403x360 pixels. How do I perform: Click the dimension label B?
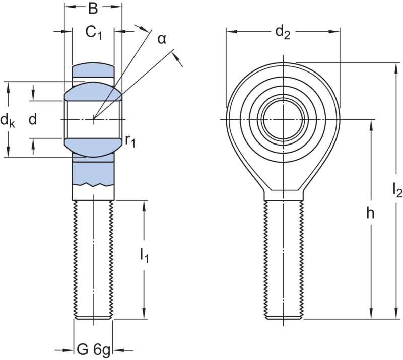(x=93, y=9)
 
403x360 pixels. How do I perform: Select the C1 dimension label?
(x=93, y=34)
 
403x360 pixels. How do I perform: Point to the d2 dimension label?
(x=283, y=34)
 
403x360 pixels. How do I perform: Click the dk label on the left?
(x=7, y=121)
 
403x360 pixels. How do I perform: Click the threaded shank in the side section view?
(x=94, y=257)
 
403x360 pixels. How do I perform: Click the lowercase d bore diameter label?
(x=33, y=120)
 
